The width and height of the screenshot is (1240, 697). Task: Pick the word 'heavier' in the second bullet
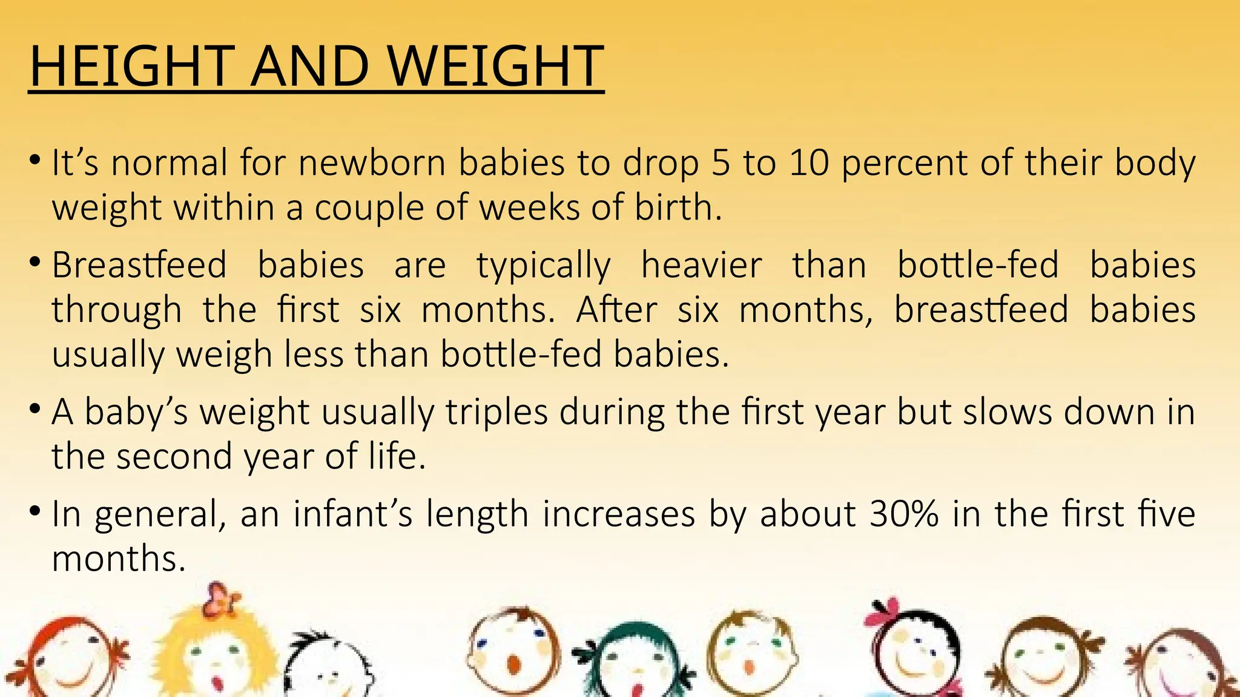(x=701, y=266)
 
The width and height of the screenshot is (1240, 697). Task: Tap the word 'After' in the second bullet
(x=616, y=310)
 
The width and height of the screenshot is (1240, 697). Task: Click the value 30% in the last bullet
(x=903, y=514)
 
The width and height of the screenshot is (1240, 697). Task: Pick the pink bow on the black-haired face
(x=883, y=612)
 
